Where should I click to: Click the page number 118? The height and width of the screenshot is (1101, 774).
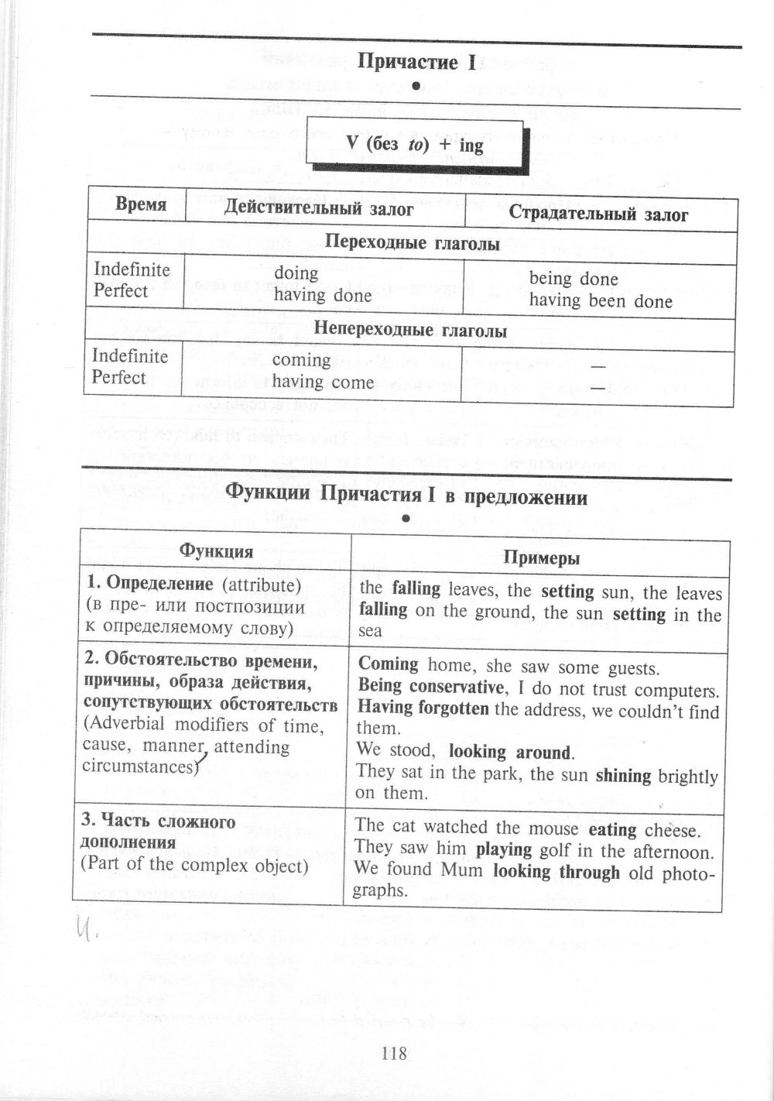pyautogui.click(x=394, y=1053)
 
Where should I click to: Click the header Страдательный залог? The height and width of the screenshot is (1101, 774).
pyautogui.click(x=598, y=214)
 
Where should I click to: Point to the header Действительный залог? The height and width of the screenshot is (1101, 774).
pyautogui.click(x=318, y=208)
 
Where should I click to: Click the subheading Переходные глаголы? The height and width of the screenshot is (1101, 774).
pyautogui.click(x=412, y=243)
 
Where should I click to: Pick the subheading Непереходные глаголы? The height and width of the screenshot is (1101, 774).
pyautogui.click(x=412, y=331)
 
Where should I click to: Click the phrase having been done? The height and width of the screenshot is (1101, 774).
pyautogui.click(x=601, y=301)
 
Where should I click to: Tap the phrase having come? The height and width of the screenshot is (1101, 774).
pyautogui.click(x=323, y=382)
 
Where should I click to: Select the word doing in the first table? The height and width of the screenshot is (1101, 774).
pyautogui.click(x=296, y=273)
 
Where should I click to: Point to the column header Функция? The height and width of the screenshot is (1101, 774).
pyautogui.click(x=216, y=551)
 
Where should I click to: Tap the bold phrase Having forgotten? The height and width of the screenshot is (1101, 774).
pyautogui.click(x=423, y=708)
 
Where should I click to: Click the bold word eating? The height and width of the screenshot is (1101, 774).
pyautogui.click(x=612, y=830)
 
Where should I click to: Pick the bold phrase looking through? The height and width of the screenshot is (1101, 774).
pyautogui.click(x=557, y=872)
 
